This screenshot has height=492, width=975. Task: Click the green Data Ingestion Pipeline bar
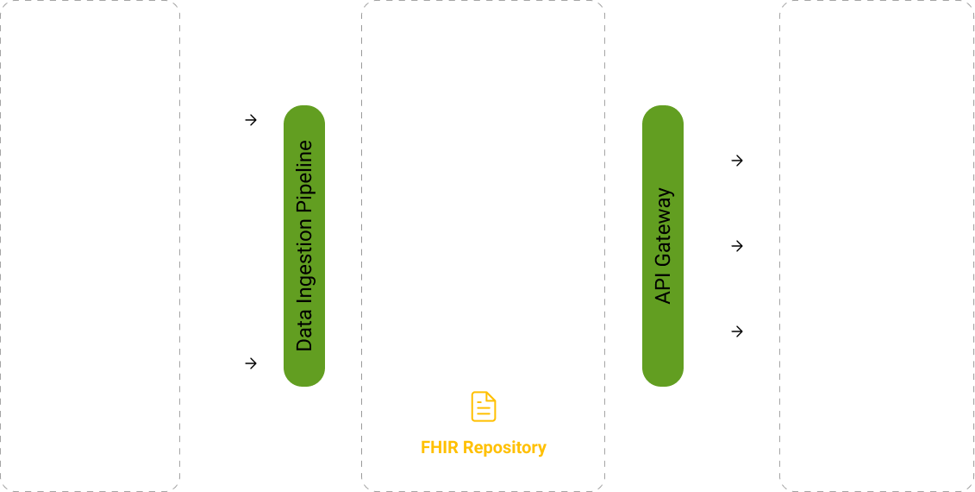304,246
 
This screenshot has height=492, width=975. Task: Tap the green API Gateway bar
663,246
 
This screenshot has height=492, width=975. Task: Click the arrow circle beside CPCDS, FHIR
251,120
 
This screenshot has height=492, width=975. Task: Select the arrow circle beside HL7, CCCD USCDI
251,363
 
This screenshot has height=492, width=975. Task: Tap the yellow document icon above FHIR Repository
483,407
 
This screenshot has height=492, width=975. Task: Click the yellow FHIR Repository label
483,447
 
